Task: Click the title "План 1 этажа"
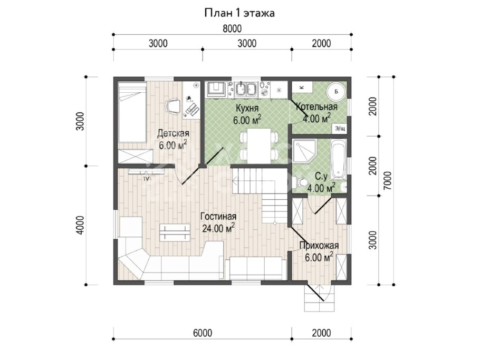click(x=239, y=13)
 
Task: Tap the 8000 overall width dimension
click(x=232, y=28)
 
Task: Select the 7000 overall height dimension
click(x=387, y=180)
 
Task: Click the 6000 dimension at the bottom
click(x=203, y=333)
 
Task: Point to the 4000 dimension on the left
click(x=80, y=225)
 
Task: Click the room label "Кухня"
click(x=247, y=108)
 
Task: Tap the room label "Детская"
click(x=173, y=134)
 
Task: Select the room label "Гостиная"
click(x=218, y=217)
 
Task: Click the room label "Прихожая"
click(x=319, y=246)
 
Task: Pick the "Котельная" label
click(x=316, y=107)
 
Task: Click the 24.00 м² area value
click(x=218, y=228)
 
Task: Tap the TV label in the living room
click(x=146, y=178)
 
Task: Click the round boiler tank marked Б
click(x=336, y=91)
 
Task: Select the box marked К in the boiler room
click(x=302, y=87)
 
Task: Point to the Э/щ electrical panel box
click(x=340, y=129)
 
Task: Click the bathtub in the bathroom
click(x=338, y=160)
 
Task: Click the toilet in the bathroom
click(x=301, y=183)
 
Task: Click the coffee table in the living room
click(x=175, y=232)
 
